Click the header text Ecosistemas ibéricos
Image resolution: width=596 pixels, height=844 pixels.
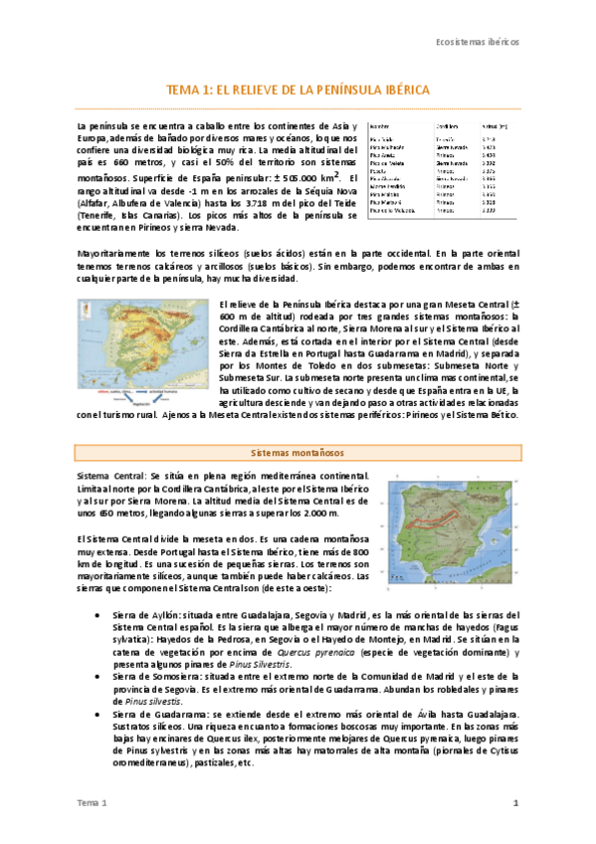[478, 43]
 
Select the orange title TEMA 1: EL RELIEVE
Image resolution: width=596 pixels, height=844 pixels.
[298, 90]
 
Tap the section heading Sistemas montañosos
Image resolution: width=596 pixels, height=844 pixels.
[298, 451]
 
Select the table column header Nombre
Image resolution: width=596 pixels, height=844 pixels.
[379, 126]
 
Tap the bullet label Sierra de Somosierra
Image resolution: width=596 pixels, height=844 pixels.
[148, 676]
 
